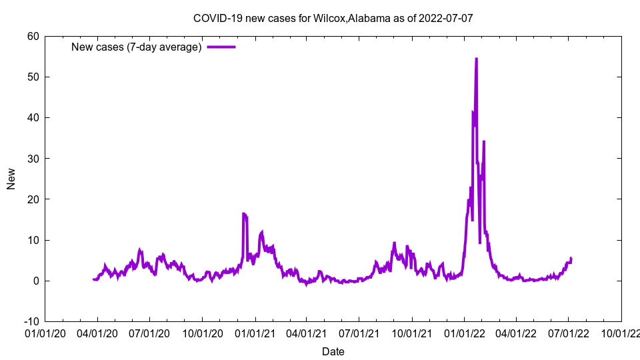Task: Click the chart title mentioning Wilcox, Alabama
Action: (333, 18)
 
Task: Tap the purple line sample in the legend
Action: (221, 47)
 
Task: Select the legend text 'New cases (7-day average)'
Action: (137, 47)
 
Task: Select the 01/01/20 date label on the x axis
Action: (45, 333)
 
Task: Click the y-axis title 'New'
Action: (11, 179)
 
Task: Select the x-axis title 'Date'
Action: (333, 351)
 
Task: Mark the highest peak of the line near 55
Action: (476, 59)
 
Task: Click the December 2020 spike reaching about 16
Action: (244, 214)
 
